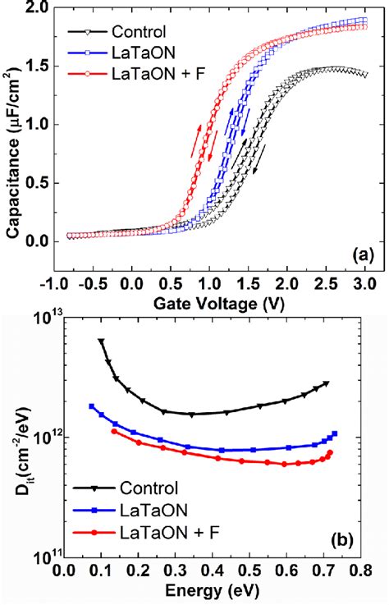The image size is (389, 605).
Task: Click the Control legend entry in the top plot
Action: click(x=131, y=34)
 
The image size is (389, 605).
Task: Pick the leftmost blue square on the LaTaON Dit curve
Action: click(x=92, y=406)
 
